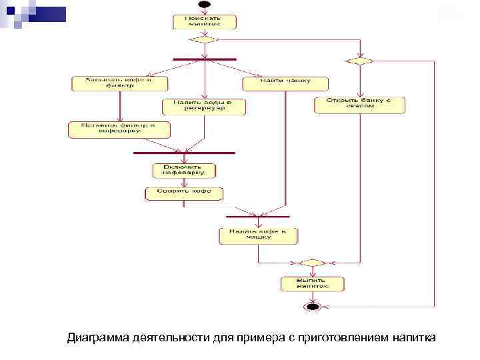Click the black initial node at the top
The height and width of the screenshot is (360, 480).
(x=205, y=5)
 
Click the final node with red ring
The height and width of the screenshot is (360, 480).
(x=312, y=306)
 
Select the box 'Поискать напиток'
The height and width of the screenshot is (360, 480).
(x=205, y=21)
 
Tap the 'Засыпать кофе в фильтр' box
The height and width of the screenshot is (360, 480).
(x=119, y=83)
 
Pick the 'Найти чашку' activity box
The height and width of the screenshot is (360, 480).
(x=285, y=83)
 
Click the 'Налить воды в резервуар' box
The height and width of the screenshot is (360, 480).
(x=204, y=107)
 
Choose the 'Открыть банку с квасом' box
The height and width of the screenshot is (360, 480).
(x=360, y=105)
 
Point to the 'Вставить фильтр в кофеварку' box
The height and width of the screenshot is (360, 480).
(x=119, y=129)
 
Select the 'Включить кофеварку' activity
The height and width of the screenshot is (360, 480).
(x=185, y=170)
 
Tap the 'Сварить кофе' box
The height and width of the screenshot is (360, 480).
(x=185, y=193)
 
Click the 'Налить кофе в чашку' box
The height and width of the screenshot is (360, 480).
(x=258, y=235)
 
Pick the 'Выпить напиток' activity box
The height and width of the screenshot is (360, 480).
(x=312, y=284)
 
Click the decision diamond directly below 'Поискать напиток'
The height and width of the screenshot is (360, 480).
(x=204, y=39)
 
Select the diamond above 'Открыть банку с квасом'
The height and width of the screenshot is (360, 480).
(x=359, y=61)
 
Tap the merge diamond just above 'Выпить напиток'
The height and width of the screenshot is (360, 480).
(x=311, y=263)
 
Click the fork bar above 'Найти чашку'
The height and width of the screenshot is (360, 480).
(x=204, y=59)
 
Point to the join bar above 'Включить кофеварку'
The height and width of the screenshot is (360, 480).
(x=185, y=153)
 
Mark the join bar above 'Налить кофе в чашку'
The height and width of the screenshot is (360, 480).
(x=258, y=217)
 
